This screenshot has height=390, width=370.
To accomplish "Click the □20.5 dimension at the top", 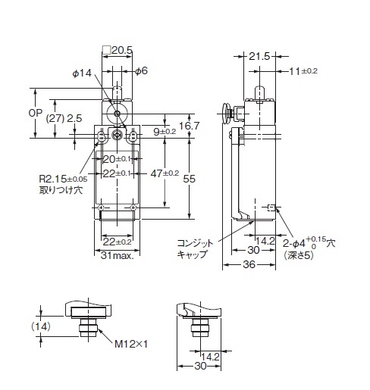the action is click(x=118, y=51).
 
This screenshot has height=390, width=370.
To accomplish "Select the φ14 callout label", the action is click(x=82, y=73).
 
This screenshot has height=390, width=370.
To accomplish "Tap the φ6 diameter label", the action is click(x=141, y=71).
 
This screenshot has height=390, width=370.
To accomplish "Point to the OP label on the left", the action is click(x=36, y=113).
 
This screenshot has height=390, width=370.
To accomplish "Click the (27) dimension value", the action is click(x=55, y=118).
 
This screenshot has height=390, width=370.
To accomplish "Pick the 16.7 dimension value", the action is click(x=190, y=126).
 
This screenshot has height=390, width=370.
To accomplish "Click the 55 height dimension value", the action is click(x=190, y=179).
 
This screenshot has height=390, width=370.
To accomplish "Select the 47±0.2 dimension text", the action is click(x=165, y=173).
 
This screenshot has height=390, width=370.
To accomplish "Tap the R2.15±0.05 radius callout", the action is click(x=63, y=179).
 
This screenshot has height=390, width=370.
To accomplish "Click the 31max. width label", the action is click(x=117, y=255).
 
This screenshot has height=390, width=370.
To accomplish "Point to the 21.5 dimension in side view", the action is click(x=259, y=56).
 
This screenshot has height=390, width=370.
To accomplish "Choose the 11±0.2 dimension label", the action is click(x=303, y=71).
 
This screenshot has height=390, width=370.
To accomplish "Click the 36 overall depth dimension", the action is click(x=249, y=264).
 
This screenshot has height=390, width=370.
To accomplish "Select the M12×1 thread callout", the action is click(x=131, y=344).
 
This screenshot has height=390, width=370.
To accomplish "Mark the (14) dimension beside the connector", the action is click(x=41, y=326).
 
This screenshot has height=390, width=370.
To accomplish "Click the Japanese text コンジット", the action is click(x=195, y=243).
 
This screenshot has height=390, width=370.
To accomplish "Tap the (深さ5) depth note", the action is click(x=299, y=255).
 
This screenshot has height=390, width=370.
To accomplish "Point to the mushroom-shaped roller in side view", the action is click(x=226, y=114).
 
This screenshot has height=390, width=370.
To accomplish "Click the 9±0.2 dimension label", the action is click(x=165, y=132).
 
